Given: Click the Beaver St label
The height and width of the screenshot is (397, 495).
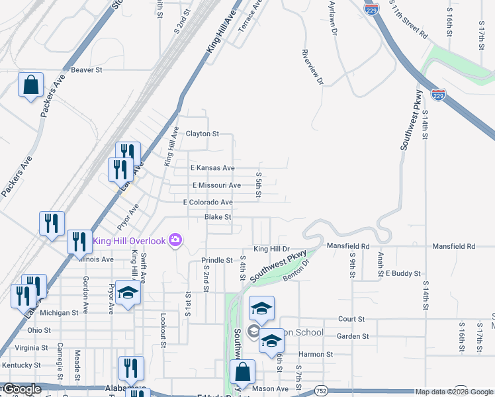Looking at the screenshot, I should coord(87,69).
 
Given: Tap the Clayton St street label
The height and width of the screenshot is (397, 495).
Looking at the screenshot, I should coord(202,134).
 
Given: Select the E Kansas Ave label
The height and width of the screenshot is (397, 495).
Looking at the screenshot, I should coord(212,169).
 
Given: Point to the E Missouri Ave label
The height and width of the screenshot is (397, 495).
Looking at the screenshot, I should coord(216,185).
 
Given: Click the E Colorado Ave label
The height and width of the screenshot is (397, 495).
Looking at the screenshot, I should coord(208,202).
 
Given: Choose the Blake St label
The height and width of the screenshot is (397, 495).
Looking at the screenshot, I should coord(218,217).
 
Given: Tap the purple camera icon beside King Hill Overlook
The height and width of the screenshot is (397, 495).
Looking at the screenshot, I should coord(175,240).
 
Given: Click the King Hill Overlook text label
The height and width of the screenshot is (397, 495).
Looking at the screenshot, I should coord(129,240).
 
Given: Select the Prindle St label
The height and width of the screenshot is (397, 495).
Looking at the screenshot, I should coord(217,261).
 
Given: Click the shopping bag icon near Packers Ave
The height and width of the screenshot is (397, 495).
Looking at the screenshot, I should coord(30,85).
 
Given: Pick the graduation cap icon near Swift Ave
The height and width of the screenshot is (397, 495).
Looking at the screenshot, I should coord(128,293).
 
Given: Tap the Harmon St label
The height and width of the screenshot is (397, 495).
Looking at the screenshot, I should coord(320,355).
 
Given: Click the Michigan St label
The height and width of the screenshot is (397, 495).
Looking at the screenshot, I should coord(60,312).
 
